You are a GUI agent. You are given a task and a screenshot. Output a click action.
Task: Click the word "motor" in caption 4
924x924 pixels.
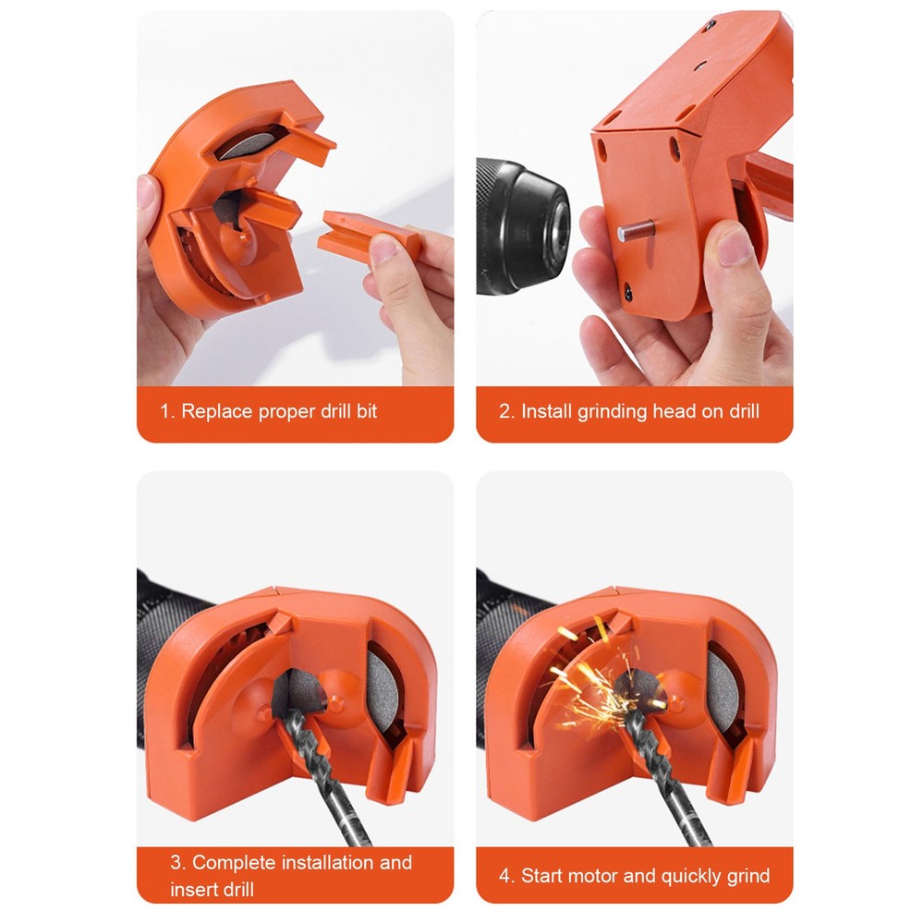click(594, 875)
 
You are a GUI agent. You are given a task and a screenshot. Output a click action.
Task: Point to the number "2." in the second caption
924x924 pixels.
click(506, 411)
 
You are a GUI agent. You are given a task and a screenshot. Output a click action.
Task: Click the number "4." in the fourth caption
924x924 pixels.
click(506, 875)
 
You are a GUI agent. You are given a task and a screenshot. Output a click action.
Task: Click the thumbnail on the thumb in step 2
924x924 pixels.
click(736, 247)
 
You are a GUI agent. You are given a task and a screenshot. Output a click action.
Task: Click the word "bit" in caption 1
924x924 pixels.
click(365, 411)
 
